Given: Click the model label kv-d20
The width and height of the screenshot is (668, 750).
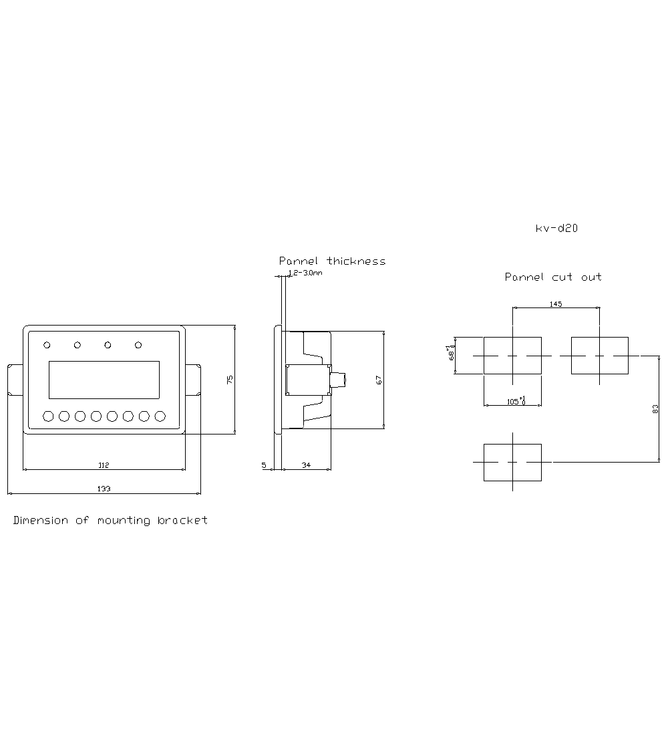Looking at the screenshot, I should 556,228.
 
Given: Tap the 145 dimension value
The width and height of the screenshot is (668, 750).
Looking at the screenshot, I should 555,304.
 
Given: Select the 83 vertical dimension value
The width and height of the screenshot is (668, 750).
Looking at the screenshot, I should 655,409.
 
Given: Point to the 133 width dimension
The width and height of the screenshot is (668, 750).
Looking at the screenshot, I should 104,489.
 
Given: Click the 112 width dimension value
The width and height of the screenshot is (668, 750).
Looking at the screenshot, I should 104,465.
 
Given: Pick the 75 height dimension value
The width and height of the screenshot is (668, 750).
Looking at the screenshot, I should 230,380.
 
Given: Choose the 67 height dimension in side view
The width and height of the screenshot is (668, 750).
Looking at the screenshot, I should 379,380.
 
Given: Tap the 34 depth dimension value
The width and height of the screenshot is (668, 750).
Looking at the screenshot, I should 306,465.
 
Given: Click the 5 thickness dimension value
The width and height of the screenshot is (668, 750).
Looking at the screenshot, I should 264,465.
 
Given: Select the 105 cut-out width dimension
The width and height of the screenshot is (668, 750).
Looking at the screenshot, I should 512,401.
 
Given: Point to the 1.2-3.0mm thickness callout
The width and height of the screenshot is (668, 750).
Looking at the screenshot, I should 305,273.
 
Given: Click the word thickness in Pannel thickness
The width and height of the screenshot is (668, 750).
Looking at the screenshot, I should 356,261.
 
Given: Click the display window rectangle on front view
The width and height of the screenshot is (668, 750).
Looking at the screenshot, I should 104,380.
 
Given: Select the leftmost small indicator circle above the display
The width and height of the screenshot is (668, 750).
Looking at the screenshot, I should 47,345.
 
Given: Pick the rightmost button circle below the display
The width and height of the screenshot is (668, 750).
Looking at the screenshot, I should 160,416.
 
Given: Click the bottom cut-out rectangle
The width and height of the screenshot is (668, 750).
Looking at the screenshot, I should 512,462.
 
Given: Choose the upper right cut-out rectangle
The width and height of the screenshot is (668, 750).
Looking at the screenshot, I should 599,356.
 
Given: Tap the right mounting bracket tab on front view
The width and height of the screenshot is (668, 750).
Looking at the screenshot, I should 193,380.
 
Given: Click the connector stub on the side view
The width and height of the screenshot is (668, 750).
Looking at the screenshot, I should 339,380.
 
